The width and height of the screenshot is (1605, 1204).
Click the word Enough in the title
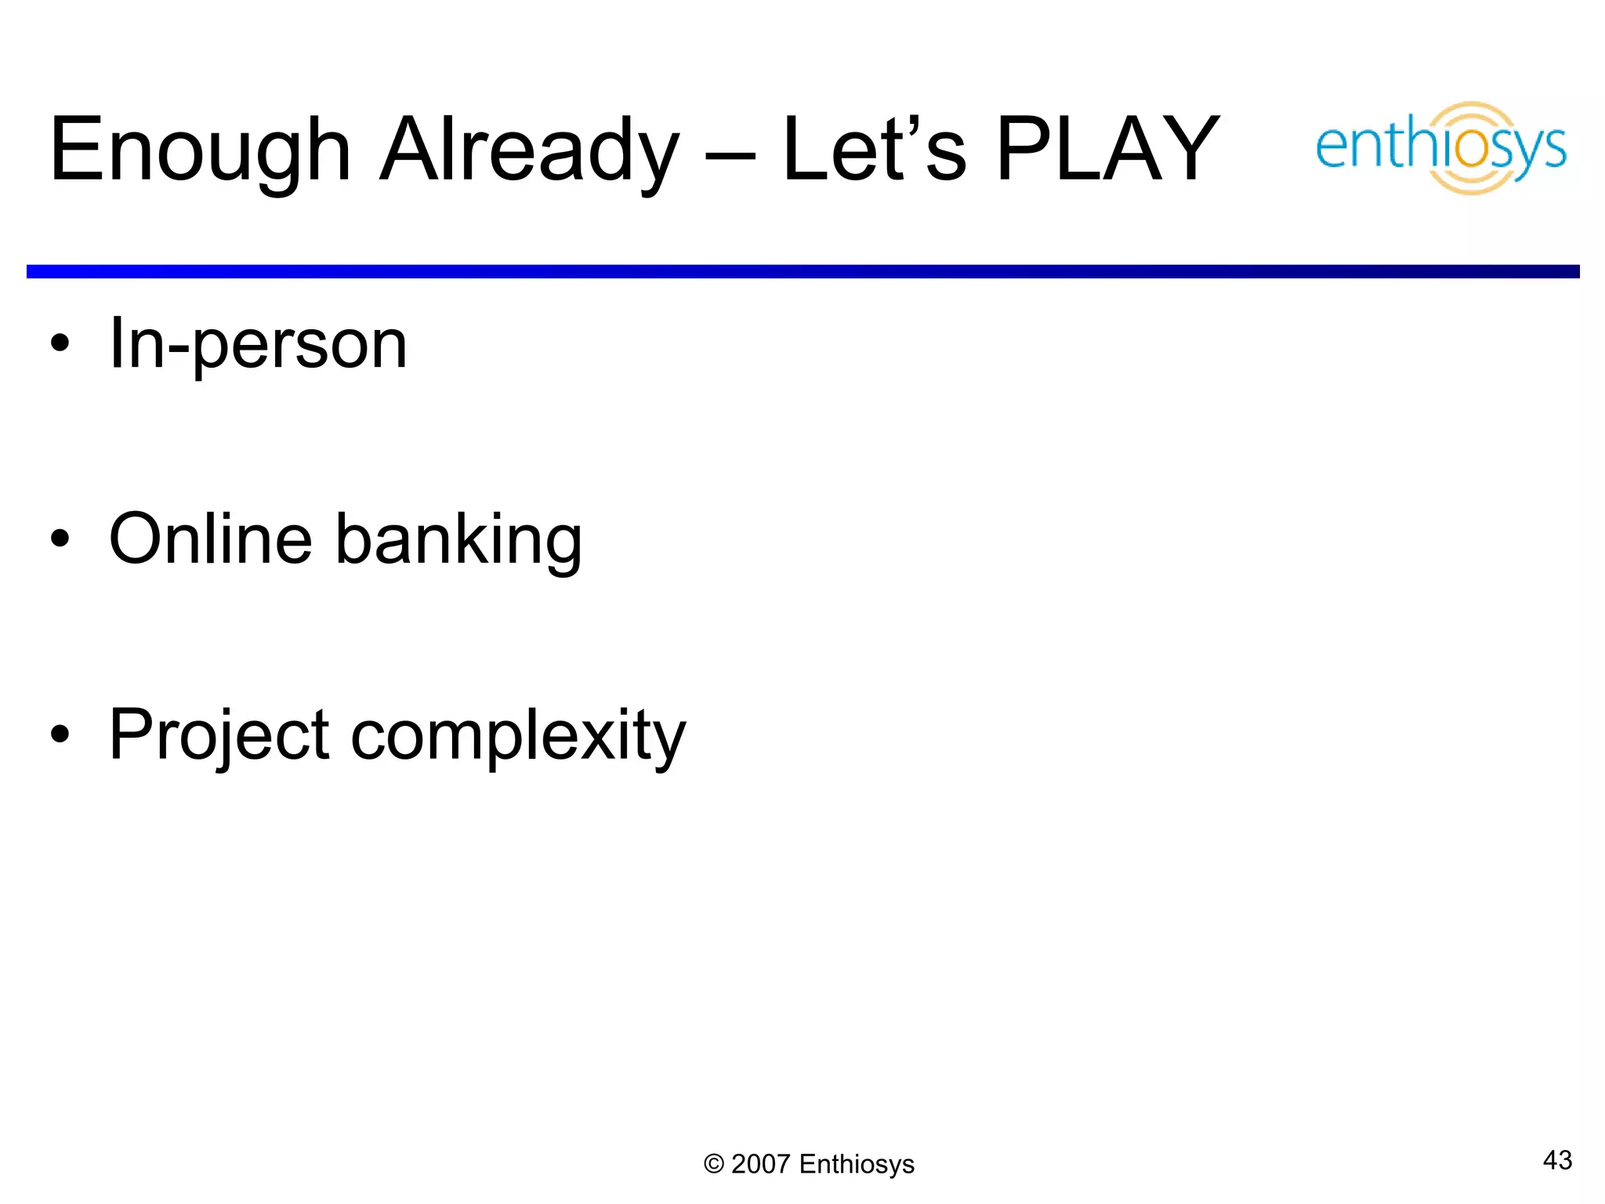point(200,150)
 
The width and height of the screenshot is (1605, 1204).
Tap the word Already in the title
point(530,150)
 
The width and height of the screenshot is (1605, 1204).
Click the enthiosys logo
point(1440,147)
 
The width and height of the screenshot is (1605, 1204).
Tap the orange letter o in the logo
point(1473,149)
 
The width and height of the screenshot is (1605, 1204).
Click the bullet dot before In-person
point(60,344)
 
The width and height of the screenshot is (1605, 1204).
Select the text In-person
point(259,344)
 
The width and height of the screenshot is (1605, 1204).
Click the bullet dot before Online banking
point(60,539)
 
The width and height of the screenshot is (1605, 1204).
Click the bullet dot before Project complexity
point(60,734)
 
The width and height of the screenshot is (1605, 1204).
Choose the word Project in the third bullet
point(219,736)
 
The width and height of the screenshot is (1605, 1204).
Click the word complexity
point(518,736)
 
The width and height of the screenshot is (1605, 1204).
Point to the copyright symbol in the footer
point(713,1164)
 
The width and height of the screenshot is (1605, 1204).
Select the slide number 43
point(1557,1160)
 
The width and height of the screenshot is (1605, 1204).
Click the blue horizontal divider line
point(802,271)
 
